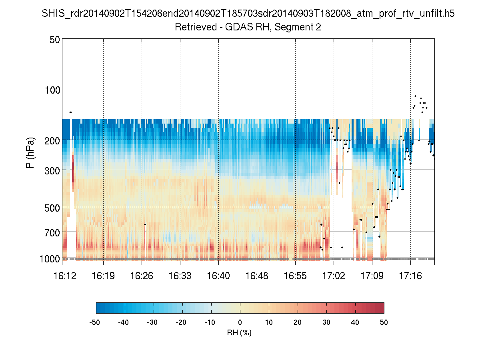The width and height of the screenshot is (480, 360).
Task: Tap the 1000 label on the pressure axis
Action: coord(50,259)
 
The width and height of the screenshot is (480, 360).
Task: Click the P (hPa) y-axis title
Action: coord(30,152)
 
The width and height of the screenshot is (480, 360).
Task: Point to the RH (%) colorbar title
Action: coord(239,333)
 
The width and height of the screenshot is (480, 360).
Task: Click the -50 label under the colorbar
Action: coord(95,322)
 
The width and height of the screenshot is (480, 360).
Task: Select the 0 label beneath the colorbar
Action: coord(240,322)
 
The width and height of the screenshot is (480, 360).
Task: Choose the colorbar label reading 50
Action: coord(384,322)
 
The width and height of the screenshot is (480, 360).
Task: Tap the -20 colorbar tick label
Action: coord(182,322)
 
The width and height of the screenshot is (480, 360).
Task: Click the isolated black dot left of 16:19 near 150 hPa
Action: coord(70,112)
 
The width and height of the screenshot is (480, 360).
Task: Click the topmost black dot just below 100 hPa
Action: coord(415,96)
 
